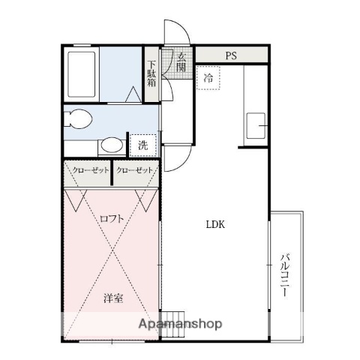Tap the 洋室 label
click(113, 297)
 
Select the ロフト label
click(111, 218)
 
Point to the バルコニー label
click(285, 274)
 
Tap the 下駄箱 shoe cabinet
click(151, 74)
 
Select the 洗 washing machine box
click(142, 145)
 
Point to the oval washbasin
click(112, 145)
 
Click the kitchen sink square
click(254, 124)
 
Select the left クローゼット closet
click(88, 170)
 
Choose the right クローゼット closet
click(135, 170)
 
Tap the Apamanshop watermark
click(178, 325)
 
